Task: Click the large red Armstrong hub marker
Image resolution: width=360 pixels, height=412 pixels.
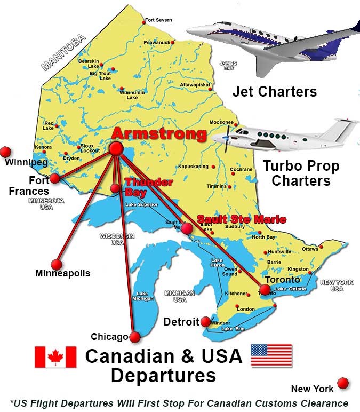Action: pos(116,148)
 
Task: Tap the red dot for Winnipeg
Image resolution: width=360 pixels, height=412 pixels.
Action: pos(6,152)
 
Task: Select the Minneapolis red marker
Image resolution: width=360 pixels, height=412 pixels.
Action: pos(57,264)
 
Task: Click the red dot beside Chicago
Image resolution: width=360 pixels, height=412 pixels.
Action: pos(135,337)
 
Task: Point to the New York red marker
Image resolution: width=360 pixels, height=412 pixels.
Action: pos(343,383)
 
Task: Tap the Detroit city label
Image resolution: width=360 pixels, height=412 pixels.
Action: pos(181,322)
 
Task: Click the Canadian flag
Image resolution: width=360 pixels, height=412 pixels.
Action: pos(55,357)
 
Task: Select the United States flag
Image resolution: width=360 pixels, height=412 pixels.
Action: pos(271,355)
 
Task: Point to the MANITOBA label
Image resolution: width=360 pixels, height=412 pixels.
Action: pos(63,52)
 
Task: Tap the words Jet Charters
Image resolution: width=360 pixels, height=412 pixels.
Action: pos(275,92)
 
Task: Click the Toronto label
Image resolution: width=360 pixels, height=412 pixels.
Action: pos(282,279)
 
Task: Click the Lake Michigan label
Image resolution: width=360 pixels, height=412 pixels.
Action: pos(142,296)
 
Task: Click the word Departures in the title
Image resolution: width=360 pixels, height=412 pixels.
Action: pos(163,375)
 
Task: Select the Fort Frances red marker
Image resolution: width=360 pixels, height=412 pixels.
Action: pos(54,178)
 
